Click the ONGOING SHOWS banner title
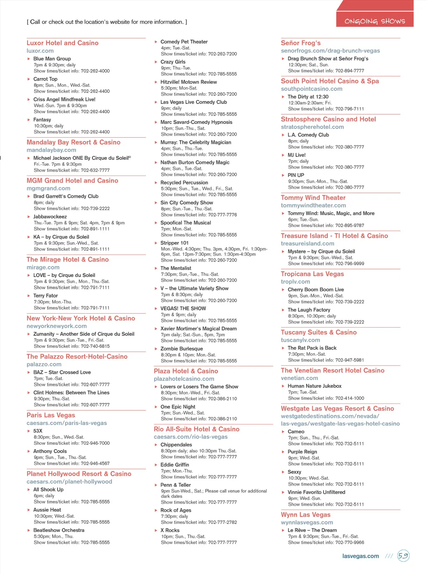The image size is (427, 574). tap(374, 21)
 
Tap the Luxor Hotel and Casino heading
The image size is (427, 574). tap(63, 43)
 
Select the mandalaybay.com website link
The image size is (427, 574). tap(51, 150)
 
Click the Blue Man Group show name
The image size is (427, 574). tap(52, 59)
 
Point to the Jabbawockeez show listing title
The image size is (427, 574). tap(50, 217)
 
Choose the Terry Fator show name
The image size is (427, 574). tap(45, 296)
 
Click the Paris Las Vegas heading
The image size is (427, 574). tap(51, 415)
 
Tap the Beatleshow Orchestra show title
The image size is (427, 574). tap(59, 530)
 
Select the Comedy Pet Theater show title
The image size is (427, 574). tap(184, 42)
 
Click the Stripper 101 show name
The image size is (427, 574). tap(174, 243)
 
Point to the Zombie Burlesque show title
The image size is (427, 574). tap(181, 349)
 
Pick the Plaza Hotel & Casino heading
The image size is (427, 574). tap(186, 371)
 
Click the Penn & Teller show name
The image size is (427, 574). tap(176, 485)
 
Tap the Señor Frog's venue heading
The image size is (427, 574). tap(301, 43)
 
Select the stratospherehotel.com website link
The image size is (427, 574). tap(312, 127)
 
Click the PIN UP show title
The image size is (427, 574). tap(296, 175)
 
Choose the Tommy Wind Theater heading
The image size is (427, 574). tap(313, 198)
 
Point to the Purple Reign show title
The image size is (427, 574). tap(302, 452)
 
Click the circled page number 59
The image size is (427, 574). tap(403, 556)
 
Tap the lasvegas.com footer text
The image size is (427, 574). tap(360, 556)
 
